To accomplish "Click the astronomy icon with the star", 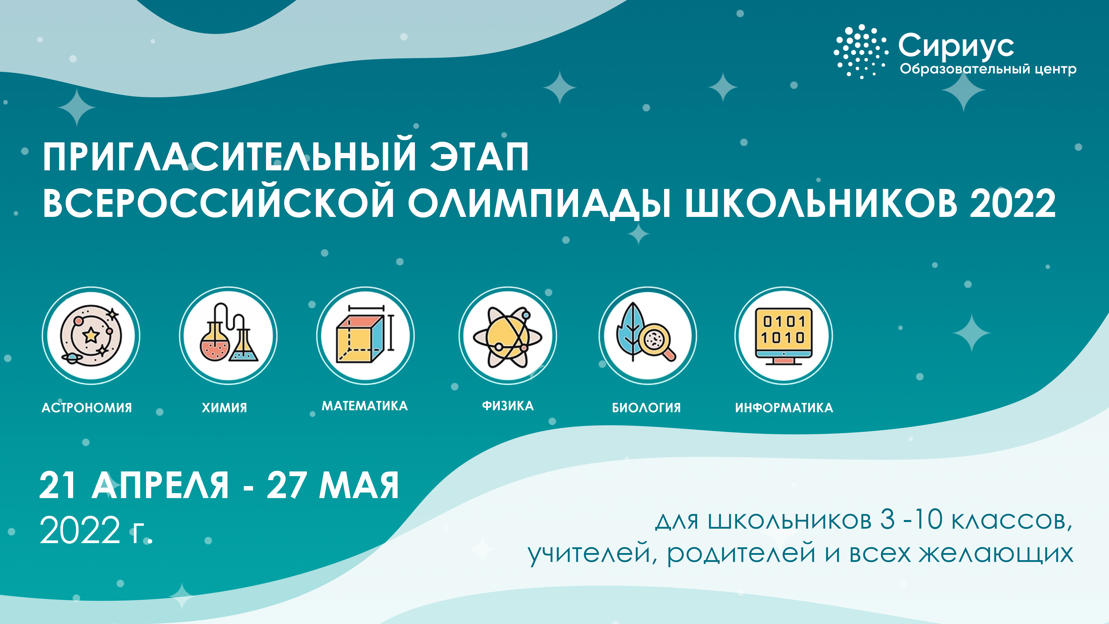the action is click(x=91, y=336).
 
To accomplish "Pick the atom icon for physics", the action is click(x=507, y=336).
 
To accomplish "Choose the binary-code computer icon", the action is click(x=784, y=336).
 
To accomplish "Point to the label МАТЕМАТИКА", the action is click(x=365, y=406).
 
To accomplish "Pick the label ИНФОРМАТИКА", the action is click(x=784, y=408).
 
